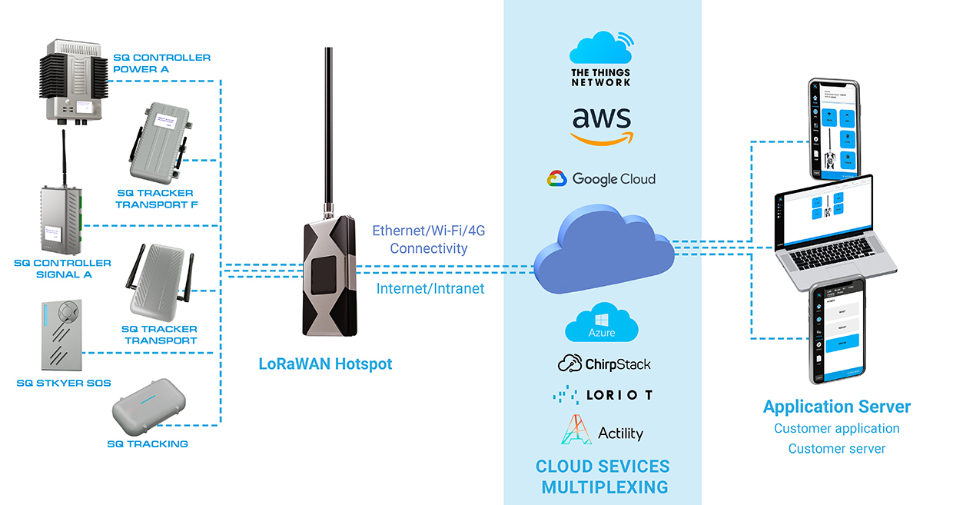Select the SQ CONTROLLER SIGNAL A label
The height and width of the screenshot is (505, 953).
62,268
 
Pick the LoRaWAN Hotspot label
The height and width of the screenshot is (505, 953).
325,364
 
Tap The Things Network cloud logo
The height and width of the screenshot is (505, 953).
601,57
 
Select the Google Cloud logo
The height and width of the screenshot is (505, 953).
601,179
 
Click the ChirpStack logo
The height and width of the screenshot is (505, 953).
604,364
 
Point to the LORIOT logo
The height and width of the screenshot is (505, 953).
603,395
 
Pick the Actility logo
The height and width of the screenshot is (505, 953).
603,432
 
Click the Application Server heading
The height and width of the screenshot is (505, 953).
836,407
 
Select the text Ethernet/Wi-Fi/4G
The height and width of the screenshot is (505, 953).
428,231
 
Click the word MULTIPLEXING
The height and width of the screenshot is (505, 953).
604,487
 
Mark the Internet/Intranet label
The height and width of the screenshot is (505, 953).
430,288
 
